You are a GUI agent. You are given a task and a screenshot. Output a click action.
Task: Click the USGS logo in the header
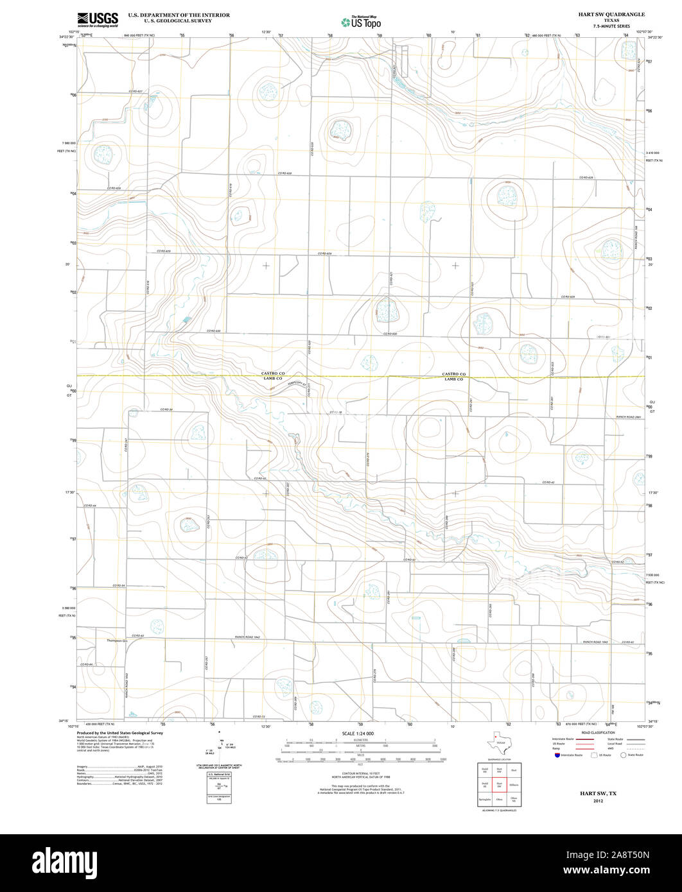(x=98, y=20)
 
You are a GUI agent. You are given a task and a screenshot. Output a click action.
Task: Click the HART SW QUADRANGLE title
(x=611, y=14)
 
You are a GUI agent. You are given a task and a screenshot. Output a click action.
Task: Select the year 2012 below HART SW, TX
(x=598, y=802)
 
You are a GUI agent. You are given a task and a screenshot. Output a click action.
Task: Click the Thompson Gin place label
(x=118, y=640)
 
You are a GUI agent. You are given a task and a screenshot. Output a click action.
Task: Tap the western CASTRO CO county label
(x=272, y=373)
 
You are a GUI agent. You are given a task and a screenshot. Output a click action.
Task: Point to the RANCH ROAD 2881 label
(x=629, y=417)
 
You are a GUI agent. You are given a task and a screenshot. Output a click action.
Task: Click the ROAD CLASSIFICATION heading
(x=597, y=733)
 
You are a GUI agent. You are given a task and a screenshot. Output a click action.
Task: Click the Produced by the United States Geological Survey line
(x=119, y=733)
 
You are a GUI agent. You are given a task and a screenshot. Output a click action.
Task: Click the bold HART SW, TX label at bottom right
(x=598, y=793)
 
